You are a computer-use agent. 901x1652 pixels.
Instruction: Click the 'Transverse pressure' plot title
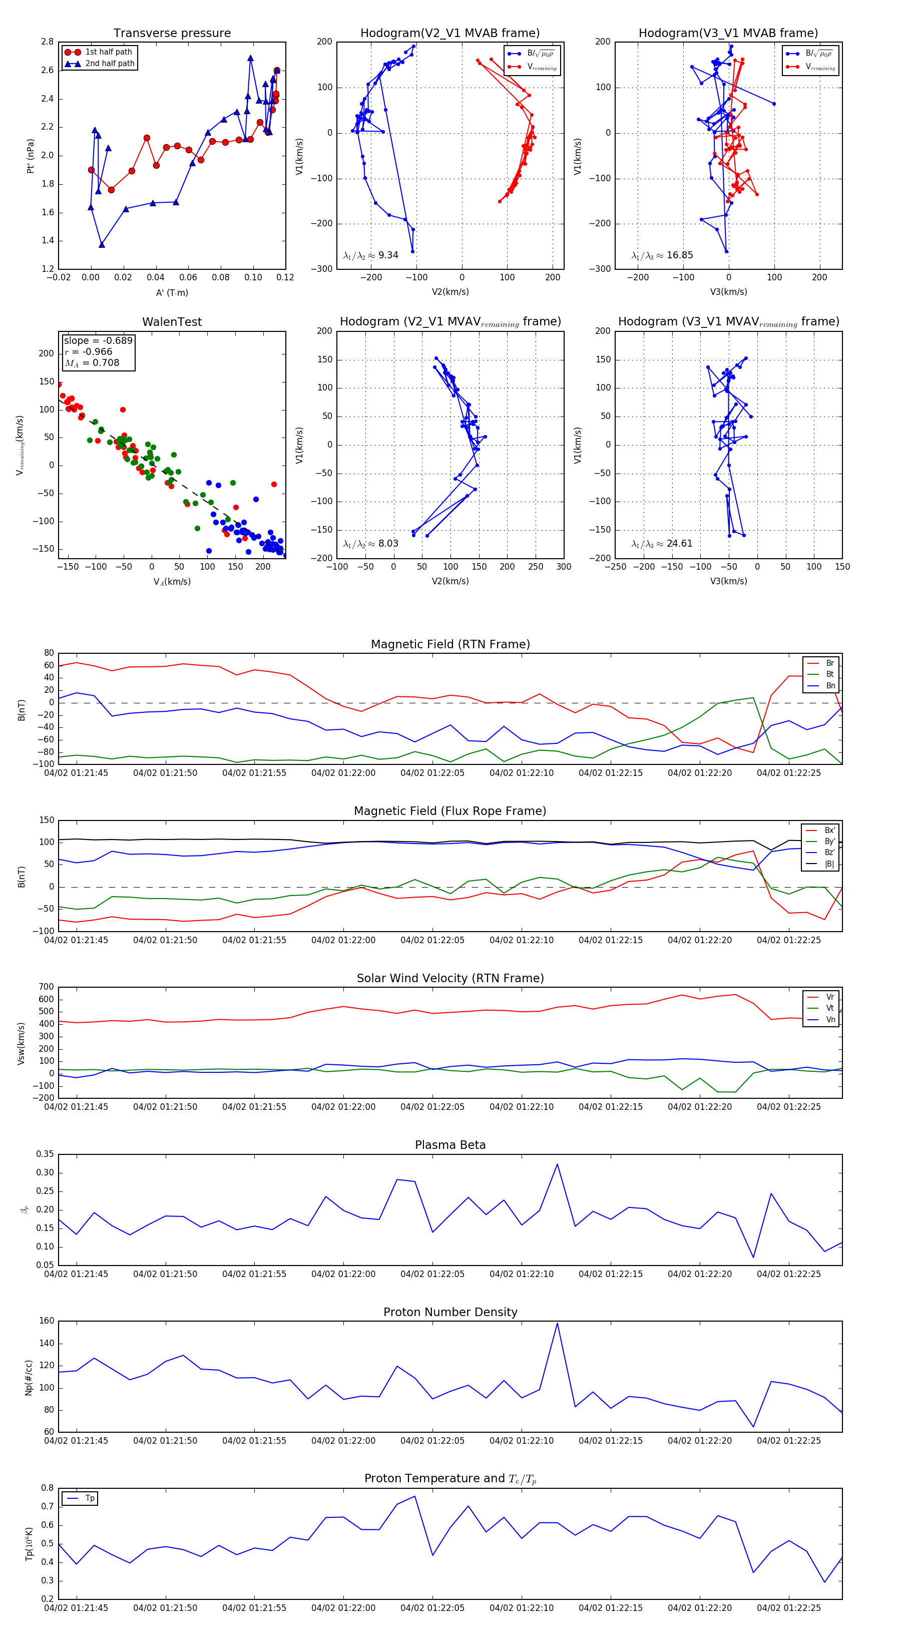172,34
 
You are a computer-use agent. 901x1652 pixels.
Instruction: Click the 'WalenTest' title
172,322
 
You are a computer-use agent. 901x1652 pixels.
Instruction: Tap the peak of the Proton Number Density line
557,1323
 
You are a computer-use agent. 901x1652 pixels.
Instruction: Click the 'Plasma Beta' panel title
450,1145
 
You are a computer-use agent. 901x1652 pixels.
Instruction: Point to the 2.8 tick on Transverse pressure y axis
47,42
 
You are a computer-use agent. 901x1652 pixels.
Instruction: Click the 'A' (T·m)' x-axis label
172,293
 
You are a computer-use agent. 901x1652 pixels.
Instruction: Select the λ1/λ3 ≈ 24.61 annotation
662,544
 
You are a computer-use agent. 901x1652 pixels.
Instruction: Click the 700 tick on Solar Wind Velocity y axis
46,987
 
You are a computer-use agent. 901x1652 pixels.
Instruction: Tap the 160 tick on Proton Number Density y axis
47,1321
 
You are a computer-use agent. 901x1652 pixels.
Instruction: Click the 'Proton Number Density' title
450,1312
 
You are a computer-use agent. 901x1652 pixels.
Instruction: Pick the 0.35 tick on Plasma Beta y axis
45,1154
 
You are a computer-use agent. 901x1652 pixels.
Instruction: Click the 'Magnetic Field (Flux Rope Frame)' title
450,811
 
